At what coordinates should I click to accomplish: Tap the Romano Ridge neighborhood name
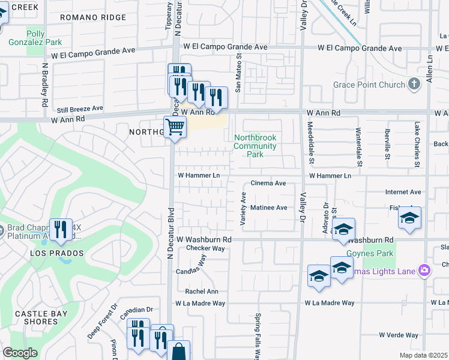click(x=93, y=18)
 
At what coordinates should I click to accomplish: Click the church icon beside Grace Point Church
click(x=414, y=85)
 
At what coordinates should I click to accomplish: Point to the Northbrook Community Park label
click(x=255, y=146)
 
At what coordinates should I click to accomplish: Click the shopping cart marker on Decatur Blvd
click(x=175, y=127)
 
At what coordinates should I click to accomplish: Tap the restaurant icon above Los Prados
click(x=61, y=230)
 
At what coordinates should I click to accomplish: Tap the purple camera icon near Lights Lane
click(x=424, y=271)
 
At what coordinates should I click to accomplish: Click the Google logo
click(x=20, y=353)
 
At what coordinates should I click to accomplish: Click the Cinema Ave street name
click(x=268, y=183)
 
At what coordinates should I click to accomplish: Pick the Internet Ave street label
click(x=403, y=193)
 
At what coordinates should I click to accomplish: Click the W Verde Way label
click(x=398, y=335)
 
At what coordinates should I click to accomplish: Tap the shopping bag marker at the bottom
click(x=178, y=352)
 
